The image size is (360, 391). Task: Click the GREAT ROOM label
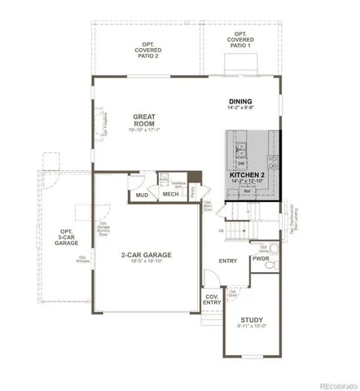(x=143, y=123)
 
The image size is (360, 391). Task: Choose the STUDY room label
(x=252, y=320)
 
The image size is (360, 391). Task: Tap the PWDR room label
(x=260, y=259)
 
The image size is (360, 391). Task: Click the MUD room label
(x=142, y=195)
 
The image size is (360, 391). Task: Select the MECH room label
(x=170, y=194)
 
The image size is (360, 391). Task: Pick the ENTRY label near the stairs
(x=228, y=261)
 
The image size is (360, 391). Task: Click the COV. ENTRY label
(x=211, y=299)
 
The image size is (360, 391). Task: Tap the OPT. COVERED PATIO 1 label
(x=241, y=41)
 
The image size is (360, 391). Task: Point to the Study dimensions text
(x=252, y=328)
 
